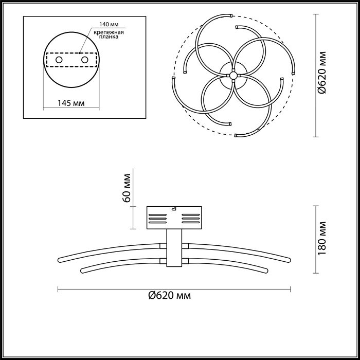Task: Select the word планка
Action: (109, 37)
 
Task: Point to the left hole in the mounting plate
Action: (59, 61)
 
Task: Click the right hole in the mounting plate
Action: (83, 61)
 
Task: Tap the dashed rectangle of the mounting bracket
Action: (71, 53)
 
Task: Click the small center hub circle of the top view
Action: (233, 76)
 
